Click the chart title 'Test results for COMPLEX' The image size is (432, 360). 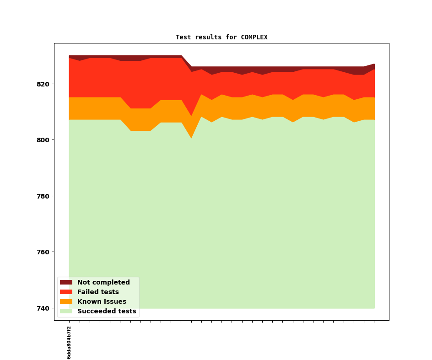(x=221, y=37)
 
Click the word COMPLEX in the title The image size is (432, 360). (x=254, y=37)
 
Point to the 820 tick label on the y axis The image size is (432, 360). (x=42, y=84)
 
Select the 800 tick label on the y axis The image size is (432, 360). (x=42, y=140)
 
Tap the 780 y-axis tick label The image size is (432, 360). (x=42, y=196)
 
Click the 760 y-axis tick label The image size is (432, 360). (x=42, y=252)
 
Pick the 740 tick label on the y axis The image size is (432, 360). (x=42, y=308)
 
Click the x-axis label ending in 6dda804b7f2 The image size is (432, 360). (x=69, y=343)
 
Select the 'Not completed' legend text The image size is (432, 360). (x=103, y=283)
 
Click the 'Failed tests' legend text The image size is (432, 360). (x=98, y=292)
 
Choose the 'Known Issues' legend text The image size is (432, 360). (x=102, y=302)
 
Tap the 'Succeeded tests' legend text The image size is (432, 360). (x=107, y=312)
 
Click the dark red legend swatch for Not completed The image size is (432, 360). (x=66, y=283)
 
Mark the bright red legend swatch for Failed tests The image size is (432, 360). (x=66, y=292)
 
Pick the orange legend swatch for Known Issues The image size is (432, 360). (x=66, y=302)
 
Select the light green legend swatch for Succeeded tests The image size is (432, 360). (x=66, y=312)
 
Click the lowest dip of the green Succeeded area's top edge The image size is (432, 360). (x=191, y=139)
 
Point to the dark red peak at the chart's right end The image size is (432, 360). (x=374, y=64)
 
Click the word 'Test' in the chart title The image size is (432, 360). (x=183, y=37)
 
